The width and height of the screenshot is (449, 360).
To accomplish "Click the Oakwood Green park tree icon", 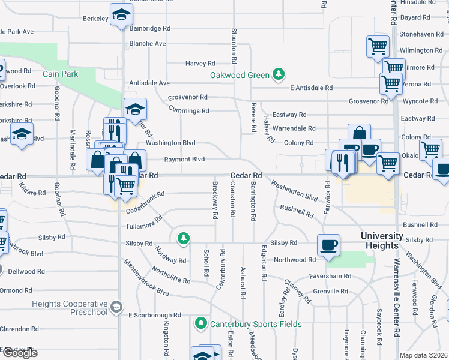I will point(278,74).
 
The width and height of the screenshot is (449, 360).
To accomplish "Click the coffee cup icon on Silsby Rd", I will point(328,245).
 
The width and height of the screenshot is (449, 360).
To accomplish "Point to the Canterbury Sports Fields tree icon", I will point(201,324).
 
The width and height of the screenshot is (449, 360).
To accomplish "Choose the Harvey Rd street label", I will point(200,63).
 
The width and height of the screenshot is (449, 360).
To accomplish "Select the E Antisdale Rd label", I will point(311,88).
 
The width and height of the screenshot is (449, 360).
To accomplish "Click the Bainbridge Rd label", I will point(149,28).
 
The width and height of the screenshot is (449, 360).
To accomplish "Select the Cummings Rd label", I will point(188,111).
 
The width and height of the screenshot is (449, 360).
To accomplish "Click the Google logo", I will point(20,353).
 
